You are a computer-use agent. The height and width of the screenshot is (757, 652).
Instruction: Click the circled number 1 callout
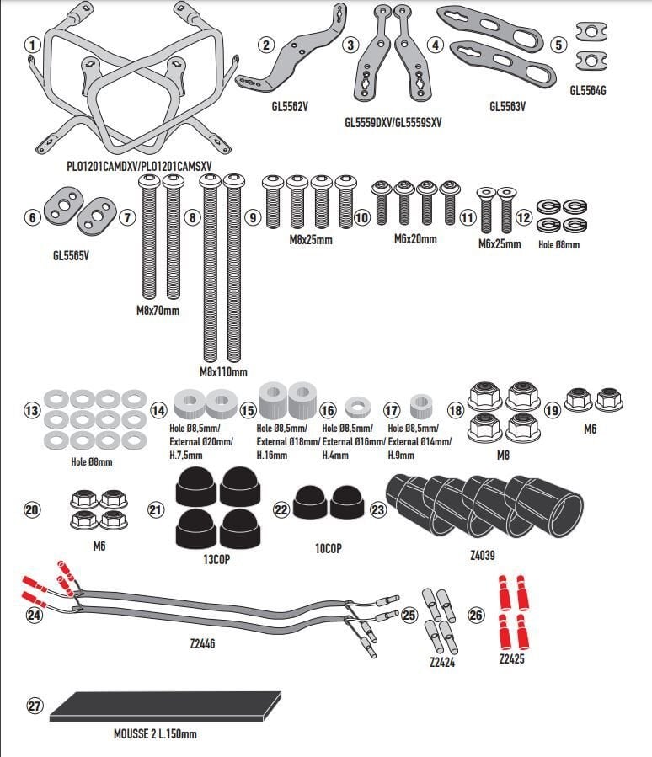tap(32, 45)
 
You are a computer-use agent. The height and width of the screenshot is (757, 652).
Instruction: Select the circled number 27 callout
tap(34, 707)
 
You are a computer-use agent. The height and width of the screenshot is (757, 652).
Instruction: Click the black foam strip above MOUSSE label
tap(165, 706)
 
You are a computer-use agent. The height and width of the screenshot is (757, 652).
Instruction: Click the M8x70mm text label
tap(158, 311)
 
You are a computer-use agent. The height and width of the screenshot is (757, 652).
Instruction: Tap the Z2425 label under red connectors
tap(511, 658)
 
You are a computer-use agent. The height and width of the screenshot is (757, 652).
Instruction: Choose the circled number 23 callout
tap(377, 509)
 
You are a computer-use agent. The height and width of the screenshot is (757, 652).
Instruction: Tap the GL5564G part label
tap(588, 88)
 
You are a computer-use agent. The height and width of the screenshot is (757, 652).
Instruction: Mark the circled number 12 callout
tap(524, 218)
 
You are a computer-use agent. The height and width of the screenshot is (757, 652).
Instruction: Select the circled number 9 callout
tap(252, 217)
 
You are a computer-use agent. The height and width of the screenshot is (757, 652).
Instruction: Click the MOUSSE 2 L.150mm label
tap(155, 734)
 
